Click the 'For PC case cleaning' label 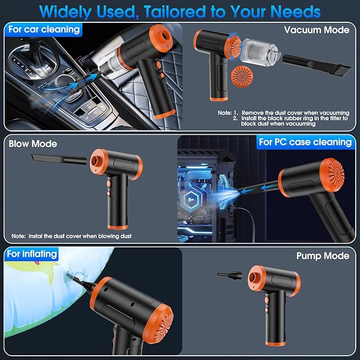point(305,142)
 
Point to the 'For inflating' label point(32,254)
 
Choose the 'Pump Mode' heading point(322,256)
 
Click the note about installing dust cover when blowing point(72,236)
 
